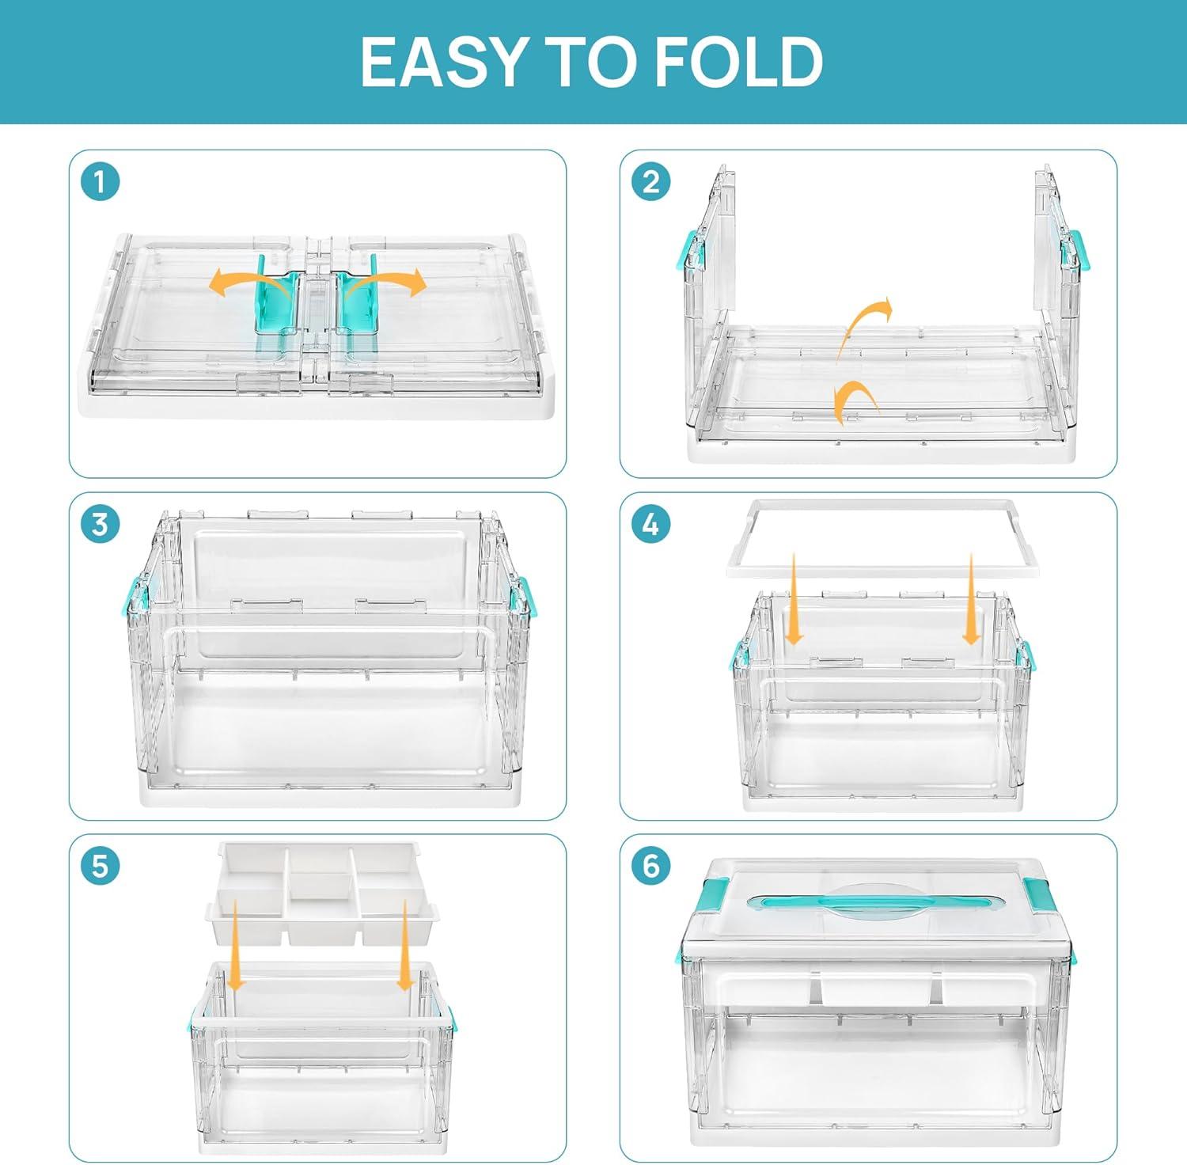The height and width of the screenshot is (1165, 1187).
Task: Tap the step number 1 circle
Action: pyautogui.click(x=100, y=183)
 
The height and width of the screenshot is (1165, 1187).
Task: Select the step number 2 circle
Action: pyautogui.click(x=650, y=183)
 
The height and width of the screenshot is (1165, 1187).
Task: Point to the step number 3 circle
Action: pyautogui.click(x=100, y=525)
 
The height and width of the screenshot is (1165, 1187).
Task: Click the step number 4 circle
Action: pyautogui.click(x=650, y=525)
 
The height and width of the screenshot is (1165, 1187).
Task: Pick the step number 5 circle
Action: pyautogui.click(x=100, y=866)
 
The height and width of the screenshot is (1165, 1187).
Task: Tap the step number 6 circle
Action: pyautogui.click(x=650, y=866)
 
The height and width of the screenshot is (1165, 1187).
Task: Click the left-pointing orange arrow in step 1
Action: pyautogui.click(x=241, y=279)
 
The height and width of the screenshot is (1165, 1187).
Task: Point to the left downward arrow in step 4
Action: pyautogui.click(x=794, y=599)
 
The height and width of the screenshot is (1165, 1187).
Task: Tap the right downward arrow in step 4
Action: pyautogui.click(x=972, y=599)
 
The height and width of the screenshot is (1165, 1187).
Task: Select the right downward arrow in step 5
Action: pyautogui.click(x=405, y=945)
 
